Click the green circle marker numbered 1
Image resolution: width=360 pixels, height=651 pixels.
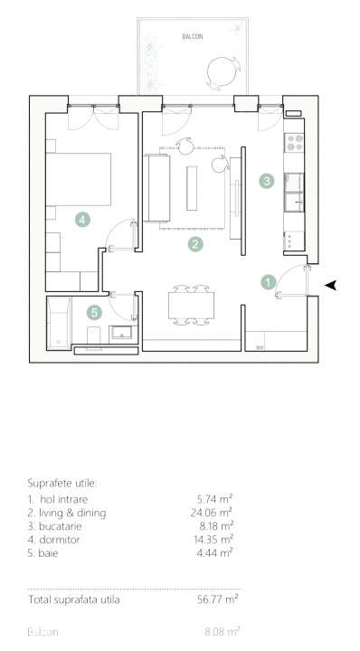coord(269,281)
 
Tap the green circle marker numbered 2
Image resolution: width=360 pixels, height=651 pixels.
coord(194,243)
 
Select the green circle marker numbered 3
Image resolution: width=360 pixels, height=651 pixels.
coord(266,181)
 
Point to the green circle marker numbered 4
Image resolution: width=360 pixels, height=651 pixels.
coord(82,219)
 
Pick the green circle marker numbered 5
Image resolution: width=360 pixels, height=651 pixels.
coord(94,312)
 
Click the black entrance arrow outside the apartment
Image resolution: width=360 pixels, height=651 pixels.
coord(331,285)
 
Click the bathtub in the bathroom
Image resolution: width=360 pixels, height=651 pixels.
coord(59,323)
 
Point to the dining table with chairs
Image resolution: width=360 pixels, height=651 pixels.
coord(191,306)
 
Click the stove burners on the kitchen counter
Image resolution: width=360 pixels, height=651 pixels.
coord(294,140)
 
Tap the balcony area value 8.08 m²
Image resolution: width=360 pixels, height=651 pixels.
coord(221,632)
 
